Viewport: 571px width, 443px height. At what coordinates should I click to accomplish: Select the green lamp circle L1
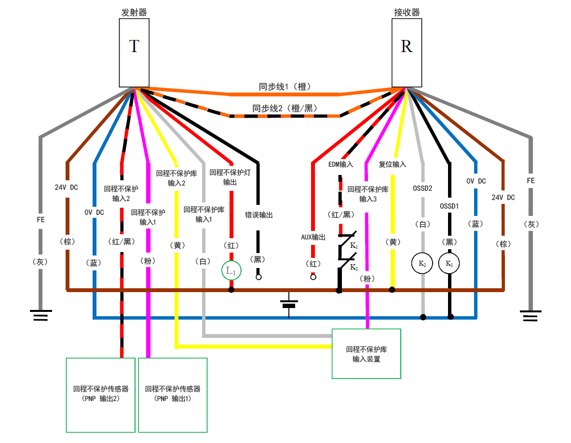point(231,271)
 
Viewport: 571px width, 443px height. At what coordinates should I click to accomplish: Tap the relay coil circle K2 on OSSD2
point(422,264)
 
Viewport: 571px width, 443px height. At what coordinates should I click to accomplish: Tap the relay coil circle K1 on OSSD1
point(449,264)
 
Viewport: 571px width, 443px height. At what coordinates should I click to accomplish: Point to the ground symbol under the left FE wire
point(41,316)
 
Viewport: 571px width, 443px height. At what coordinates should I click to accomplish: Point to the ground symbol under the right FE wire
point(530,316)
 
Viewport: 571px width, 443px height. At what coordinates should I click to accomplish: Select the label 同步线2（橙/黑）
point(285,108)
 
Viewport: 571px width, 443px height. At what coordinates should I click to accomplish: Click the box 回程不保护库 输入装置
point(367,354)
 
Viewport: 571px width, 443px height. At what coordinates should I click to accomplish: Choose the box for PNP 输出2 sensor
point(100,394)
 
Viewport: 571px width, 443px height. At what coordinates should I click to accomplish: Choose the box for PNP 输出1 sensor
point(173,394)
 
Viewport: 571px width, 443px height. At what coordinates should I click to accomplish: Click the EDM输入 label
point(340,164)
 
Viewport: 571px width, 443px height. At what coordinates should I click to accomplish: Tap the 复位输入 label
point(393,164)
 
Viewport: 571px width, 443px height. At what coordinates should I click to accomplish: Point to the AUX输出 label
point(313,237)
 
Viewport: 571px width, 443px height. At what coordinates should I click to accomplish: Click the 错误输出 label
point(259,215)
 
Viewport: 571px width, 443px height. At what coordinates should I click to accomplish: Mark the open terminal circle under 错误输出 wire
point(258,278)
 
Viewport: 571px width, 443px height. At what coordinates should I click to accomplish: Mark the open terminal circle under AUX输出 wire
point(313,277)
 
